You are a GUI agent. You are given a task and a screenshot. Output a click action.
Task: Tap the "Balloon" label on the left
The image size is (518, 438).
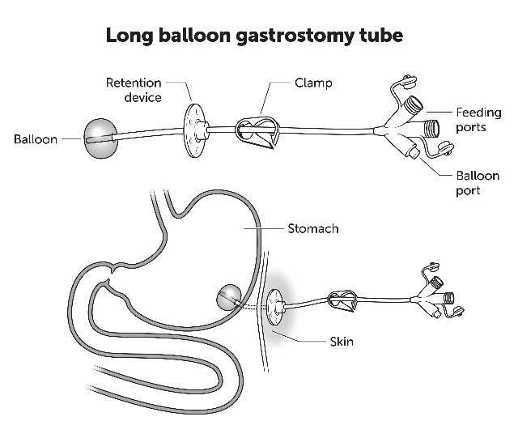click(35, 139)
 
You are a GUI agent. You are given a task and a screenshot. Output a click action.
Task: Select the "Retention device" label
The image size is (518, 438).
click(133, 90)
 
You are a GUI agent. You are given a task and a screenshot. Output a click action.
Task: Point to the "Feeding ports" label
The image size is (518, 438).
click(478, 120)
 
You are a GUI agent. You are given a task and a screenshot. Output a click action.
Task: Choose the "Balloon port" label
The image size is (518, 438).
click(478, 183)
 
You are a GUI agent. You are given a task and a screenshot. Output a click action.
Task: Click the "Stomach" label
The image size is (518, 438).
click(312, 229)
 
